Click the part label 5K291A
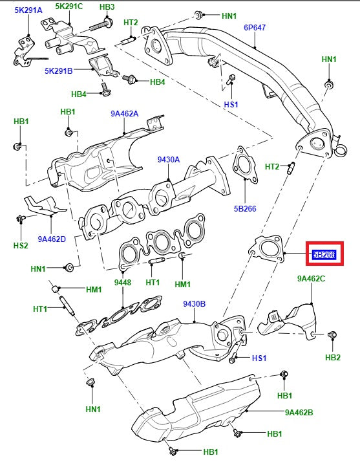point(28,10)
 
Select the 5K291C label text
point(69,6)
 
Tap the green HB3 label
point(107,6)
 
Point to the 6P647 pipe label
point(255,28)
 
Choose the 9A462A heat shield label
point(125,113)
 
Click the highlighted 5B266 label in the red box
point(324,254)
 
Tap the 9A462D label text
point(52,239)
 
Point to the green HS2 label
point(21,246)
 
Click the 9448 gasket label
point(122,282)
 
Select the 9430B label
point(194,303)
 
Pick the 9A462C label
point(311,279)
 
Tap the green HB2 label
point(332,357)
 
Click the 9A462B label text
point(299,411)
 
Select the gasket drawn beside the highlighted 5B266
point(267,249)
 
